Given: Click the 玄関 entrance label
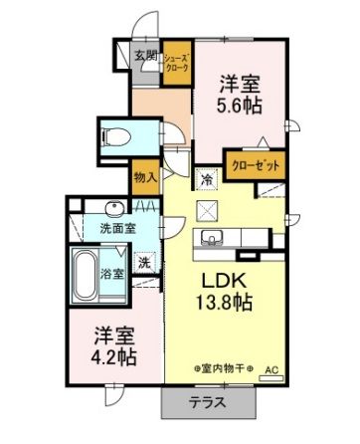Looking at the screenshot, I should [146, 56].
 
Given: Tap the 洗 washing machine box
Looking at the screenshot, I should [144, 264].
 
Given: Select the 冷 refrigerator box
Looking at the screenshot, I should [207, 180].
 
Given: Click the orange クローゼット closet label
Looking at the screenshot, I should [256, 166].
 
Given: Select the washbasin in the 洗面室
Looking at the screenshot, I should [113, 208].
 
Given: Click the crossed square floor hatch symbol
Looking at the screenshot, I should [209, 210].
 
